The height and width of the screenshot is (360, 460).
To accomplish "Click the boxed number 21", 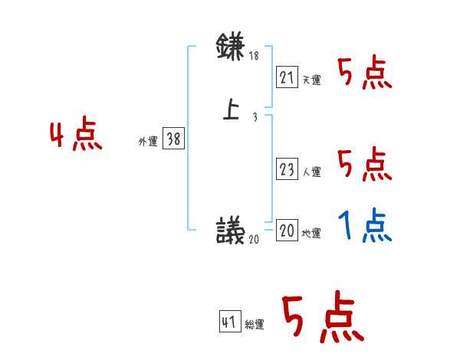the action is click(x=287, y=77).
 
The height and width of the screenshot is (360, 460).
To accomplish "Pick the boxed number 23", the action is click(x=287, y=169).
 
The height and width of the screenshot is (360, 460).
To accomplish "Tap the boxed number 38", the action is click(x=173, y=139).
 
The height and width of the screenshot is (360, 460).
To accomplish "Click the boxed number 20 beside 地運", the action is click(x=287, y=231).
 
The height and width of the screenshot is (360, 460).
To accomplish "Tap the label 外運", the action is click(x=148, y=142).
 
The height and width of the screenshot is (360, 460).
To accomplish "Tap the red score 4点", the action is click(x=76, y=136).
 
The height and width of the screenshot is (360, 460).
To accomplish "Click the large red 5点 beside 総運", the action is click(x=321, y=319).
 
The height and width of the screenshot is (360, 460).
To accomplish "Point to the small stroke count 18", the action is click(x=255, y=56).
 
